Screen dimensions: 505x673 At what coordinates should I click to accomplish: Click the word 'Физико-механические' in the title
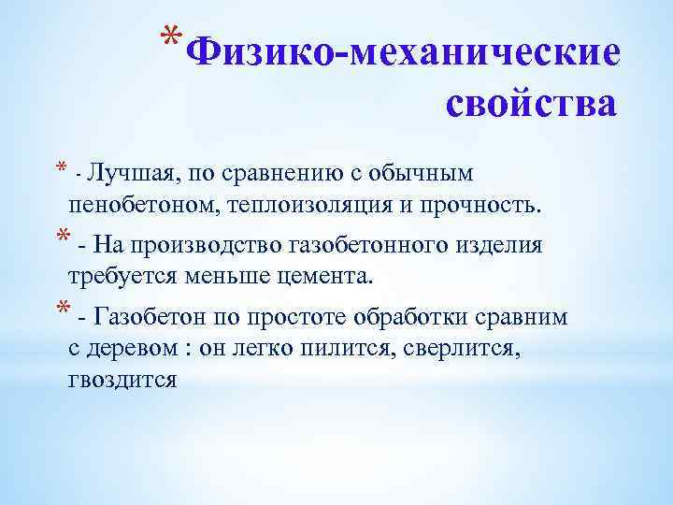tap(402, 52)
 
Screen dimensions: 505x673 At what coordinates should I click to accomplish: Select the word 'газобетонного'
tap(374, 245)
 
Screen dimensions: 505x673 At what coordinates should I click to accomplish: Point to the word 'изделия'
tap(506, 245)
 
